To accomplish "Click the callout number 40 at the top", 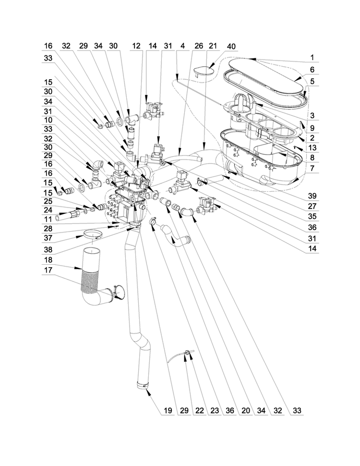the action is coord(231,47).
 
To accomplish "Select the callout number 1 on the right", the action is coord(312,57).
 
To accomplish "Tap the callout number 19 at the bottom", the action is coord(168,410).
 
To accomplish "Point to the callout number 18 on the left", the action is coord(48,260).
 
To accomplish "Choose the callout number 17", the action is coord(48,270).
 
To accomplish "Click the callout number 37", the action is coord(48,238).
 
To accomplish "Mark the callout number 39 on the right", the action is coord(312,196).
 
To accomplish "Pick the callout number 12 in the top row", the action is coord(136,46).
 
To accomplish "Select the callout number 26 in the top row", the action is coord(199,46).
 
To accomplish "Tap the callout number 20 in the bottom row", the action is coord(246,410).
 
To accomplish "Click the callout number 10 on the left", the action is coord(48,120).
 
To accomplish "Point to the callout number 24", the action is coord(48,210).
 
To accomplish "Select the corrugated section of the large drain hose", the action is coord(89,280).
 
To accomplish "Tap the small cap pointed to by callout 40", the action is coord(203,71).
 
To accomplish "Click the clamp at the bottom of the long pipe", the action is coord(143,385).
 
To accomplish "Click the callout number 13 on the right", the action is coord(312,147).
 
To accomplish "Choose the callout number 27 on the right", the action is coord(312,206).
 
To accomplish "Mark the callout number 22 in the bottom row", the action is coord(200,410).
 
